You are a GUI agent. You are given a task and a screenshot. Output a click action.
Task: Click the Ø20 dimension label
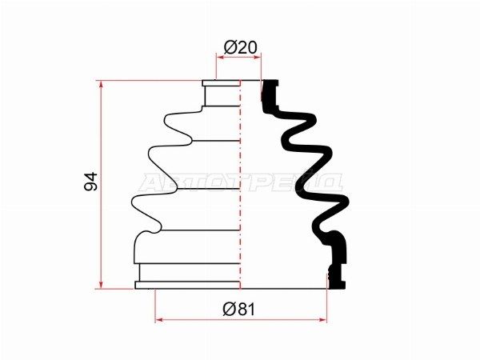tap(241, 47)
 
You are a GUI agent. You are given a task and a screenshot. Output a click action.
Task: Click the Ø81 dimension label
tap(238, 309)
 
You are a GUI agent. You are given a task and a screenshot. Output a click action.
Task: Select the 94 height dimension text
tap(91, 182)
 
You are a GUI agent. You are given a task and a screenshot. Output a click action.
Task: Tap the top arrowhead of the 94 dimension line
tap(101, 85)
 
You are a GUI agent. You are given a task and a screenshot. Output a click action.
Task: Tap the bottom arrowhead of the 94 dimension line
tap(101, 285)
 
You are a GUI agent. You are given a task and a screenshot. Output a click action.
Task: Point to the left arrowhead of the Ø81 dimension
tap(159, 320)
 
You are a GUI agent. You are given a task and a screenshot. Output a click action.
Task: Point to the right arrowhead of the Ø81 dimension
tap(322, 320)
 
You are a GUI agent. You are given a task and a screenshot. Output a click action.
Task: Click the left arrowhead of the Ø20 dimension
tap(221, 56)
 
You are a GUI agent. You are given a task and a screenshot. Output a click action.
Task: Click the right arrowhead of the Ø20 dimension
tap(257, 56)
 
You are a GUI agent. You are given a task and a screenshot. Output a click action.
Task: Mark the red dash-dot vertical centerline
tap(240, 184)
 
